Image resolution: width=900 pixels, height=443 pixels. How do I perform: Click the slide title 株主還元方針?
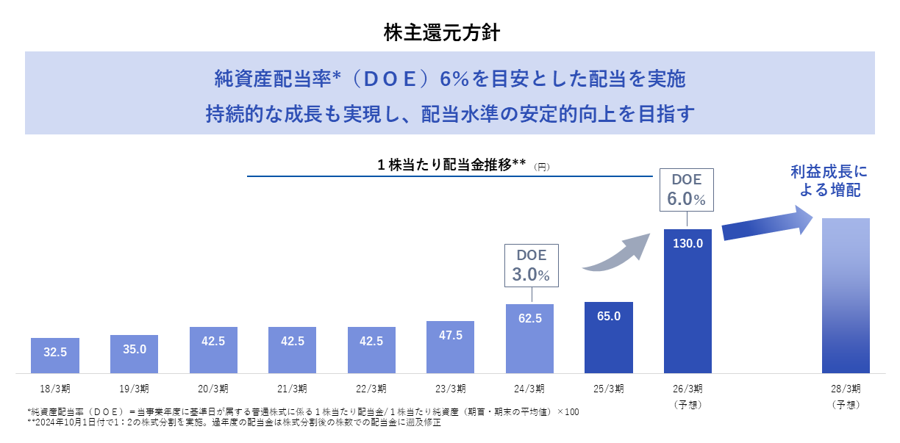pos(443,32)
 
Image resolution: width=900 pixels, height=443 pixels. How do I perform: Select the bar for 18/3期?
pos(55,356)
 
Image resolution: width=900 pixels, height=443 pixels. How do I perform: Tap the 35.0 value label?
pos(134,349)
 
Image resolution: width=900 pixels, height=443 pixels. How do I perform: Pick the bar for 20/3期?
pos(213,350)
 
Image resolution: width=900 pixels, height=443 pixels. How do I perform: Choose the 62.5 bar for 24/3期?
pos(529,339)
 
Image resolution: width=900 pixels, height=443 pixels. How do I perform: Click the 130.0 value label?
pos(687,243)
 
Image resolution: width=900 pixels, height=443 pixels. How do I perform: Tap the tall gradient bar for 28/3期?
pos(846,295)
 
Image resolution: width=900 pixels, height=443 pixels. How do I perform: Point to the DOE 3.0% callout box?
pos(531,265)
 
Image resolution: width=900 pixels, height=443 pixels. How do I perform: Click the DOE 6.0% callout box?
pos(687,190)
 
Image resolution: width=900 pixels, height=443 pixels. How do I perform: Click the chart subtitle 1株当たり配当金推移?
pos(451,165)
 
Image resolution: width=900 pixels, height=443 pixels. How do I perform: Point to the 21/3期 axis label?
pos(292,388)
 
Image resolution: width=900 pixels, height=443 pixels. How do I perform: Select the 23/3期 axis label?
pos(450,388)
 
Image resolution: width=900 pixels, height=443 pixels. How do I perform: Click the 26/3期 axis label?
pos(687,388)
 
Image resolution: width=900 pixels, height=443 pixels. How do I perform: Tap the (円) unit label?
pos(541,168)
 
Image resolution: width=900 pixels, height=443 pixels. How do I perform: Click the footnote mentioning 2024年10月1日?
pos(233,422)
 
